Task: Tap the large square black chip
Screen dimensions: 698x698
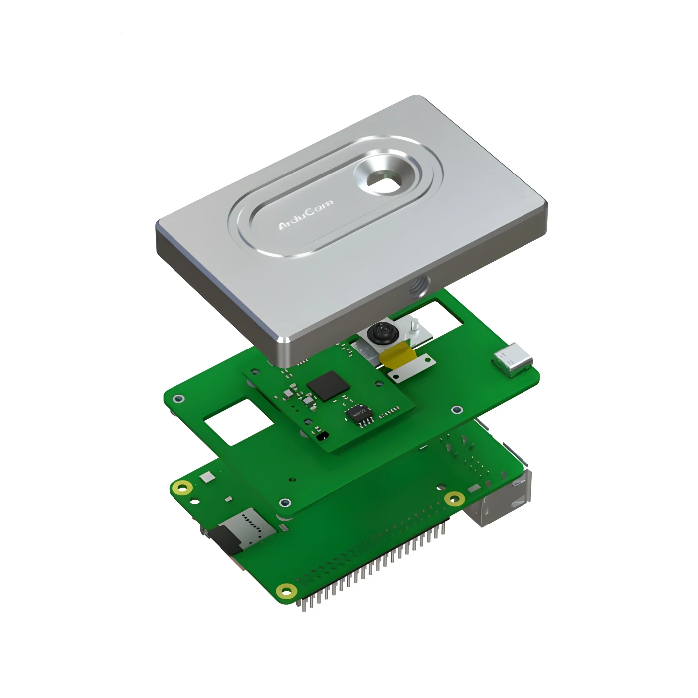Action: click(x=328, y=385)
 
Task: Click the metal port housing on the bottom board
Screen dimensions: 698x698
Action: click(x=499, y=504)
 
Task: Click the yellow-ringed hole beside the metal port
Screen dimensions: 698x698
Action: click(x=453, y=497)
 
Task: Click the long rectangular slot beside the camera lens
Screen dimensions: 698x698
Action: click(x=451, y=315)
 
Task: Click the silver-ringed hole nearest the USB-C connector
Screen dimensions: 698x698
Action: click(x=457, y=410)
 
